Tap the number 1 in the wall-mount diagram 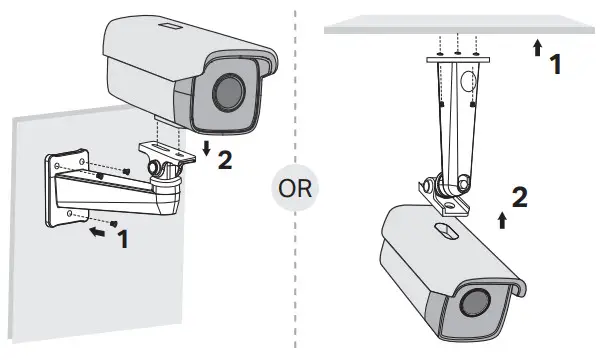(x=124, y=240)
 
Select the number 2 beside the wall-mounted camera (x=225, y=159)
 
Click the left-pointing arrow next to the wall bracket (x=95, y=231)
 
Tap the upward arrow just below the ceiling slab (x=537, y=46)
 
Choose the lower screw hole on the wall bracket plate (x=69, y=214)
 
